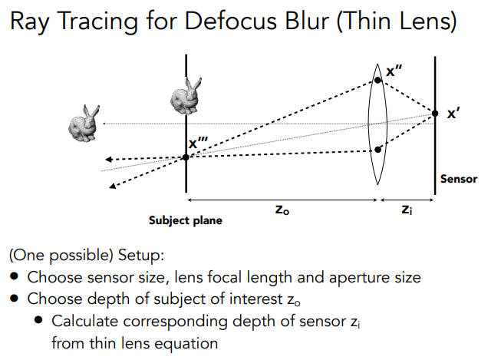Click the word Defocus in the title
point(231,21)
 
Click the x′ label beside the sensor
point(453,114)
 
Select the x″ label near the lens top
point(394,71)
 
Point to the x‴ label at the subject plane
point(198,142)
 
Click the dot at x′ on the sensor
point(435,113)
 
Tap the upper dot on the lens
point(377,81)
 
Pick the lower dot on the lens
point(377,150)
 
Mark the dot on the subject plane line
point(186,157)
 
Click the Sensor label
point(459,179)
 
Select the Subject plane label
point(186,220)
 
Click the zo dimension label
point(282,210)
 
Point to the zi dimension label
point(407,210)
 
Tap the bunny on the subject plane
point(186,96)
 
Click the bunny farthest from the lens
point(84,124)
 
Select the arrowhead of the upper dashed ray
point(109,159)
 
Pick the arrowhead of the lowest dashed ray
point(112,186)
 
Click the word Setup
point(141,256)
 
